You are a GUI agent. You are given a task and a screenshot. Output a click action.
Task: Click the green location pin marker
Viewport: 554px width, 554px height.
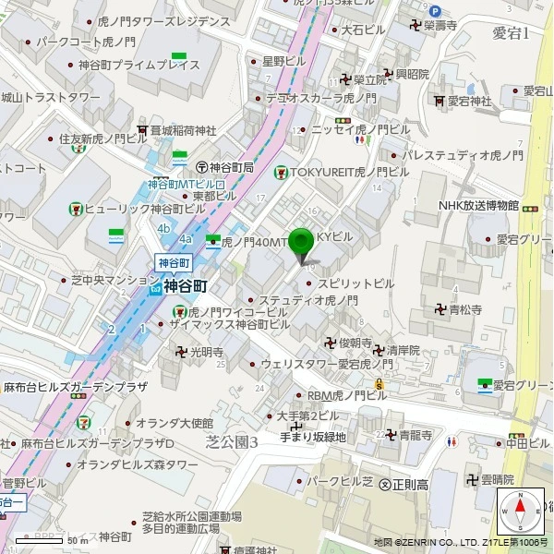(x=301, y=244)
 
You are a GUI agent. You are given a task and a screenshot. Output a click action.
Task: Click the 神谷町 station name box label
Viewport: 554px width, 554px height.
(x=172, y=262)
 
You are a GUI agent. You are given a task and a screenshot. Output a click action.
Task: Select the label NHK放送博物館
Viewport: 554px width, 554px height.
(x=478, y=205)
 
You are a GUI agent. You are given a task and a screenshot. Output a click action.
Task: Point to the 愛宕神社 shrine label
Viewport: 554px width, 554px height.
(x=478, y=101)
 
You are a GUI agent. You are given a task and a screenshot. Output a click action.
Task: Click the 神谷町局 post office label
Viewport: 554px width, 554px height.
(x=231, y=167)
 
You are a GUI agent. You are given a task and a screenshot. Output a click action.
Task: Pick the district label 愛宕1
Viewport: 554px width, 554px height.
(x=510, y=34)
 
